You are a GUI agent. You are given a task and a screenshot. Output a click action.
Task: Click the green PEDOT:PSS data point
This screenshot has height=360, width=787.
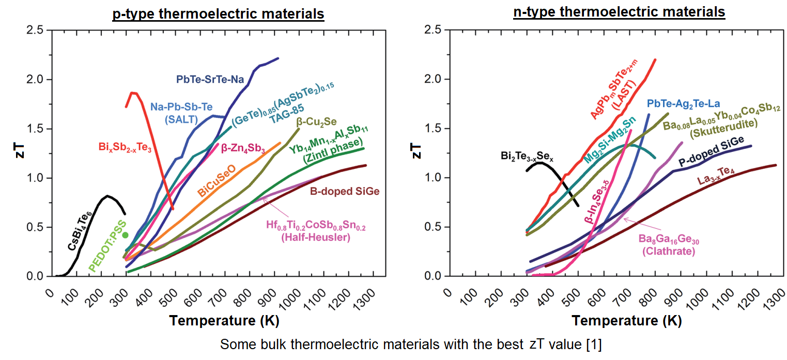pos(125,235)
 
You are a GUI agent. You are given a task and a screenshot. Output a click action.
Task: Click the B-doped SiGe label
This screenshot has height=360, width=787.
pos(345,191)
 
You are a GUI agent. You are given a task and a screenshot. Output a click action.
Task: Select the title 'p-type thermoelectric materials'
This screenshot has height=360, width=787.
pos(218,14)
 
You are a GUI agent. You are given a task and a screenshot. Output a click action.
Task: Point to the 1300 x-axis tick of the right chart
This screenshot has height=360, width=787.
pos(769,298)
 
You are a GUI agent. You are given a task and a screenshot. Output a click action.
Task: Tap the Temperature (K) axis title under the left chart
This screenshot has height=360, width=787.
pos(224,321)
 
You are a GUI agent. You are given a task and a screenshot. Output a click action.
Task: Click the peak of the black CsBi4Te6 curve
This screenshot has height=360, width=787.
pos(107,196)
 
